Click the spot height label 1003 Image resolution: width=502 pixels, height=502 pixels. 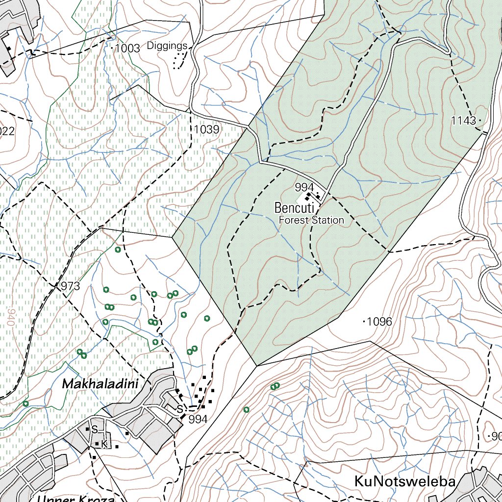point(126,48)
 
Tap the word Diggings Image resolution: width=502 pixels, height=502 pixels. point(167,46)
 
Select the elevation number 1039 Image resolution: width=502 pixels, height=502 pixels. point(206,129)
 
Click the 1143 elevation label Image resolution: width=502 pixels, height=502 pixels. point(463,121)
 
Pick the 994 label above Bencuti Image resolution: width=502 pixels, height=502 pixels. point(304,187)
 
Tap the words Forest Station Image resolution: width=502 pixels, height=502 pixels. point(311,220)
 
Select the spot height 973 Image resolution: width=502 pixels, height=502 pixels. point(70,286)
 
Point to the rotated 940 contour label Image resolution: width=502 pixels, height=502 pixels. point(11,318)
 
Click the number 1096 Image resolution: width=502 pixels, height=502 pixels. point(379,322)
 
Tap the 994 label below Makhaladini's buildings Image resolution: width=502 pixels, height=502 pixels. point(198,419)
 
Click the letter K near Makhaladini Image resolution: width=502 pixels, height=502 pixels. point(104,444)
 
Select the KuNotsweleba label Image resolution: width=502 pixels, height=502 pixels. point(404,481)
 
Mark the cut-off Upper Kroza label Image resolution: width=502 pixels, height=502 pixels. point(76,499)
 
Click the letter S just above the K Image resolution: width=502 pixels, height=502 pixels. point(95,430)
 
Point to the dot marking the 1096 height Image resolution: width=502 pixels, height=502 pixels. point(363,322)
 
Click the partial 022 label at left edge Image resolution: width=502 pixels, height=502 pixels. point(7,131)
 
